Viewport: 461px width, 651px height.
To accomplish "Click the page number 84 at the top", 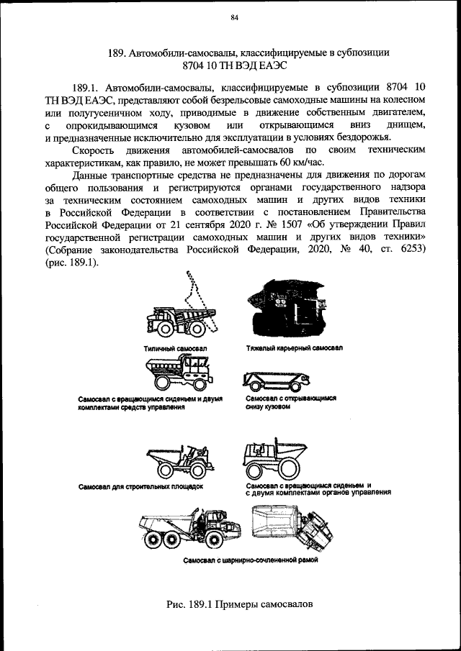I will (x=234, y=18).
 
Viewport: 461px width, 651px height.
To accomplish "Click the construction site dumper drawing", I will (x=176, y=460).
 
